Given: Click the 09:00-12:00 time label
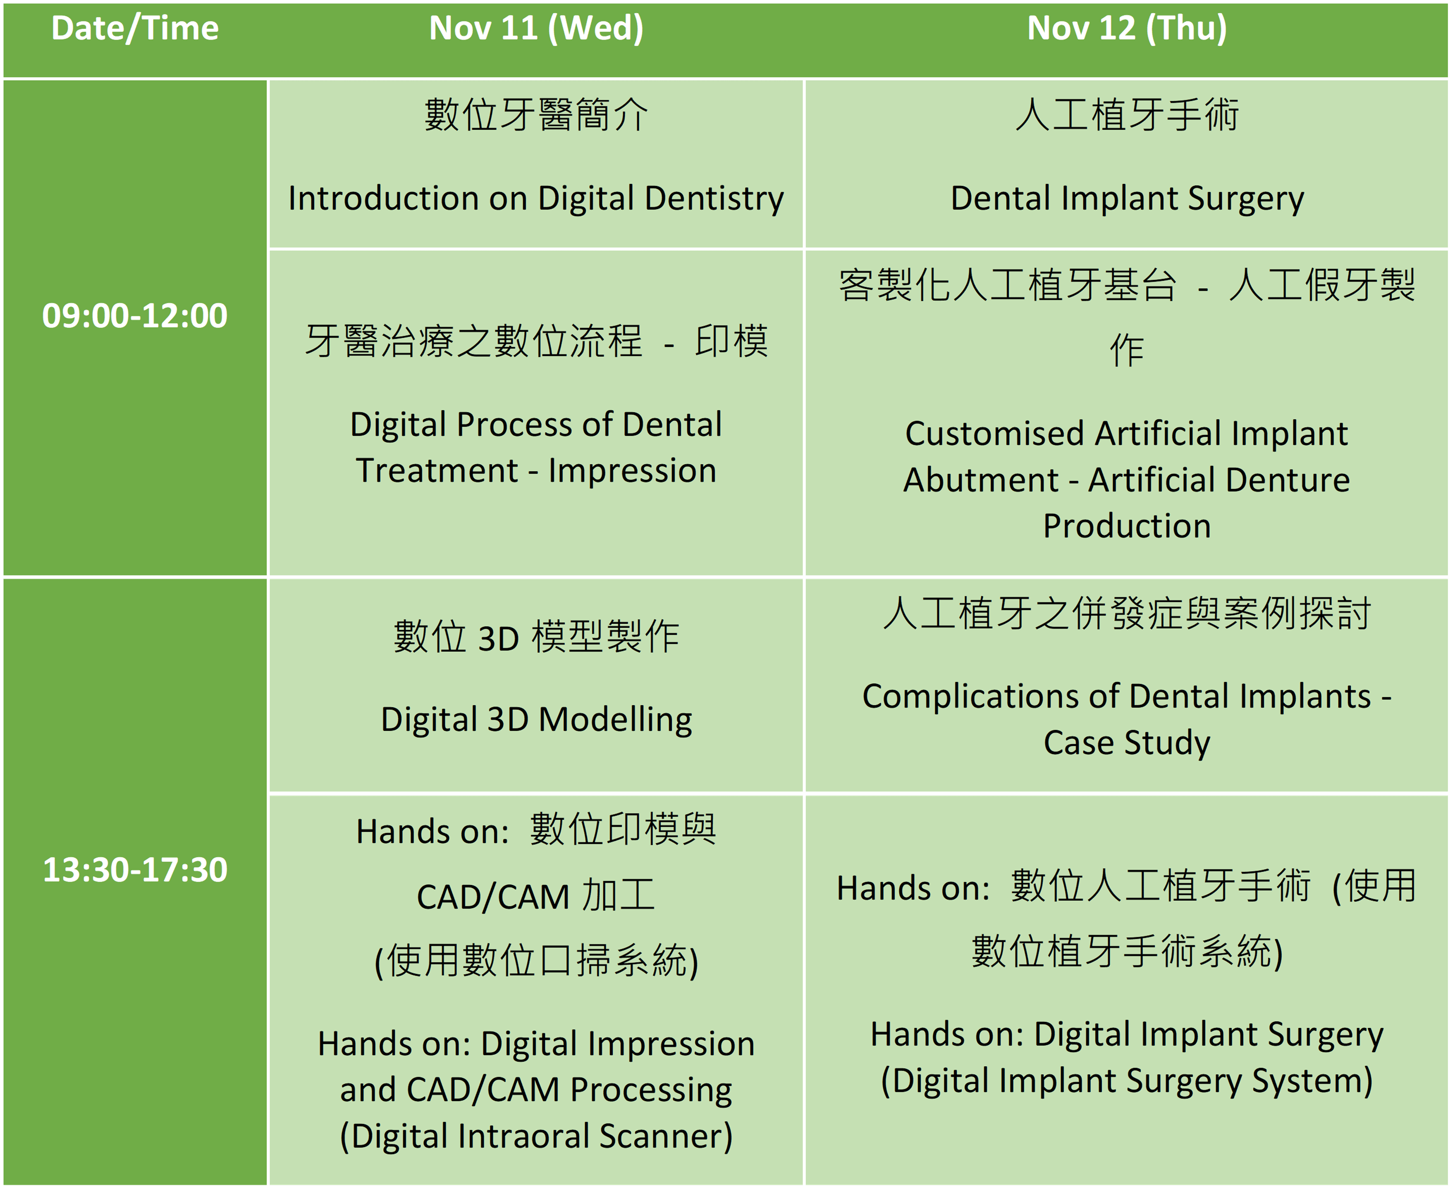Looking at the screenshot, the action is (135, 315).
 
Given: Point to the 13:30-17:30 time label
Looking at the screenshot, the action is (135, 870).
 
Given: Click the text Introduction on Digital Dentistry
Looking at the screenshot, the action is (536, 199).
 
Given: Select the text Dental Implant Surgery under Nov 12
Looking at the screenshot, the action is (1127, 199).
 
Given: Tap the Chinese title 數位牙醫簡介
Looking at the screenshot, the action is (536, 115).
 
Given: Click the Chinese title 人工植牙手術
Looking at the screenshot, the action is (1127, 115).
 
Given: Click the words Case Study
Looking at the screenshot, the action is (1127, 743).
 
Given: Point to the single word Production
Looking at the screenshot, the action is (1127, 526).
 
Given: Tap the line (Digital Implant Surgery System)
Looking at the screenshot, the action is (1127, 1081).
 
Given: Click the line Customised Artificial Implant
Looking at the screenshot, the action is (1127, 434).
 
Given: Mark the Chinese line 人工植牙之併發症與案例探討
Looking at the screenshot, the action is (1127, 613).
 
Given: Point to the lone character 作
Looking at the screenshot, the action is (1127, 351).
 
